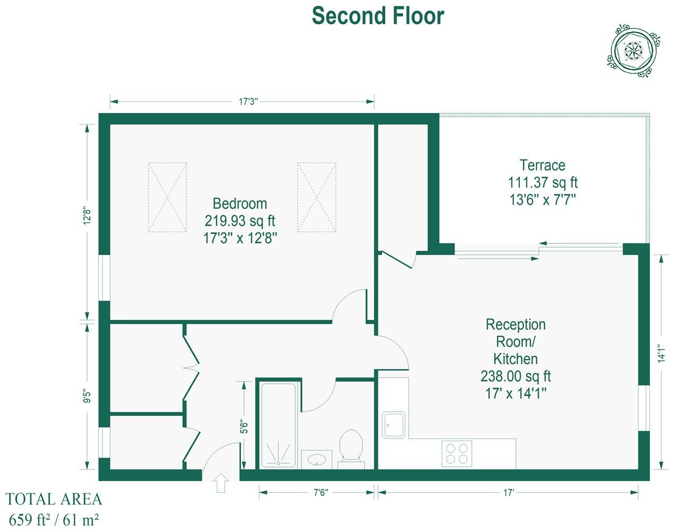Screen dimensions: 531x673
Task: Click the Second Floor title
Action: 377,16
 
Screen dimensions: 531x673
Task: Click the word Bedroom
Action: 239,203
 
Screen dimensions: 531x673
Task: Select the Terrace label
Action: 542,165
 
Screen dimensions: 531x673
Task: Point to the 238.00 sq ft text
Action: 516,376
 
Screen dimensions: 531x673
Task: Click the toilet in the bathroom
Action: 350,447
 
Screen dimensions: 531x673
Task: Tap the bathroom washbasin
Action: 317,459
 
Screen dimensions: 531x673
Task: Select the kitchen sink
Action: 394,425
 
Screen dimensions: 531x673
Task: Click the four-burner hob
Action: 456,454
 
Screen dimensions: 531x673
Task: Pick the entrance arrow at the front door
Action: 221,483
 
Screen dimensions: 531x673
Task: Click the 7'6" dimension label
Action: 320,493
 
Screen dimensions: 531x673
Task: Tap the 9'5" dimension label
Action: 87,396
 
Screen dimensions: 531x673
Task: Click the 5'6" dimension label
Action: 244,426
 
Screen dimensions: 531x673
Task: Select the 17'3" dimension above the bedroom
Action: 248,101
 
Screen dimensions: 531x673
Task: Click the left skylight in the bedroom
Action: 167,197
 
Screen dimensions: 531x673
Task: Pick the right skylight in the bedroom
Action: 317,197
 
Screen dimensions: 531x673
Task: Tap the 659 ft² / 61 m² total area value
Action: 54,520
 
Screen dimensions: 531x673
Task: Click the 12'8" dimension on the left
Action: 87,216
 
